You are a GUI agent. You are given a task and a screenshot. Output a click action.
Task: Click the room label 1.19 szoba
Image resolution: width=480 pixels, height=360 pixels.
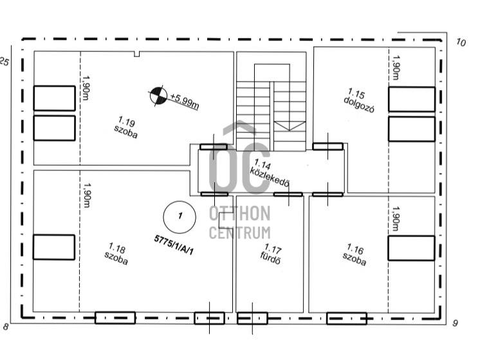126,127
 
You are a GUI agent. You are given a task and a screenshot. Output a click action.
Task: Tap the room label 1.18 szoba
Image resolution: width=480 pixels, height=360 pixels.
116,254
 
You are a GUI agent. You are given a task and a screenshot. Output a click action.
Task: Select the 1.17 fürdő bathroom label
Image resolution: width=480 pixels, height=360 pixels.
272,254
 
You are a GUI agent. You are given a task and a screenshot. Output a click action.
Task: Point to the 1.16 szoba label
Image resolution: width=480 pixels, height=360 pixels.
355,255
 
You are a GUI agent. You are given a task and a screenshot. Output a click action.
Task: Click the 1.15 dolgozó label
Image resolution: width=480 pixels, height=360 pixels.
360,100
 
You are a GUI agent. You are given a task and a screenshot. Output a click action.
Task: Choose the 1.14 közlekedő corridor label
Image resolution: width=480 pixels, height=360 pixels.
270,173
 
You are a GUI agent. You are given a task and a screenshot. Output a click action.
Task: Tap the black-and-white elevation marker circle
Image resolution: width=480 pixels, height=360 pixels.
158,96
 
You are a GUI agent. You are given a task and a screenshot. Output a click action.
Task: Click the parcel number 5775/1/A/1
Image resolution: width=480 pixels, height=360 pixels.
174,245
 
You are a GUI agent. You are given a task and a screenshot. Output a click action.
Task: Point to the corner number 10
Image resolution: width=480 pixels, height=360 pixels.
461,42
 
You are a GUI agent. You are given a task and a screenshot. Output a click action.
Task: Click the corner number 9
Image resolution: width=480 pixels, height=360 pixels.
455,323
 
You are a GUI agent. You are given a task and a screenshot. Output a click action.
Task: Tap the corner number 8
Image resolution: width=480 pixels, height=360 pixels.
6,327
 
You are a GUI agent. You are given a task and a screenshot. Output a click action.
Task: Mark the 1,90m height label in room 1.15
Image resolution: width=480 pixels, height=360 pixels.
396,67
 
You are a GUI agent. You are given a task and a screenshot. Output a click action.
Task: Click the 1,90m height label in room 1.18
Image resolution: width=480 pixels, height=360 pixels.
87,195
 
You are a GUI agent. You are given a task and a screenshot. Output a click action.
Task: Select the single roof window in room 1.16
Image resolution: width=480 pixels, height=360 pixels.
411,248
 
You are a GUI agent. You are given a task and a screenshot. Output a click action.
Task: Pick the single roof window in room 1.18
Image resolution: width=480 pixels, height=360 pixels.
54,247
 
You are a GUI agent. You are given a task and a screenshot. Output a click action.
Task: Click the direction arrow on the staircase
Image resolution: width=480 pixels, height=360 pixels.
290,126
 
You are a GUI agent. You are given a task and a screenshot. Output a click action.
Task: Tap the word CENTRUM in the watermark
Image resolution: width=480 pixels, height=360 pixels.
240,233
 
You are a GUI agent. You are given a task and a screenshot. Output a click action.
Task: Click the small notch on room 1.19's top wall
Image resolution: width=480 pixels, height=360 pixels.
137,54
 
